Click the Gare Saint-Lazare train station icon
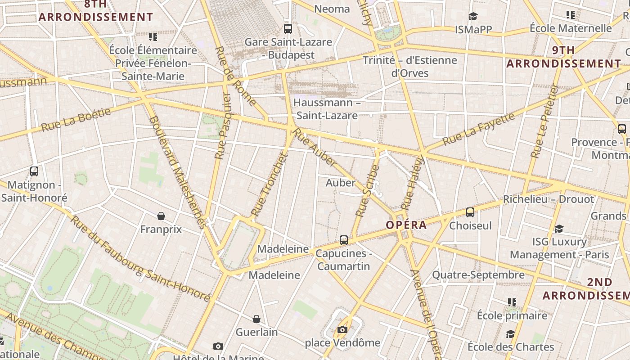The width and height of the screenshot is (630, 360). click(x=288, y=29)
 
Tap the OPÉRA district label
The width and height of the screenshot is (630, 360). click(x=406, y=225)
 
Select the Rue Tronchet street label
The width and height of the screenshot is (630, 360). click(x=269, y=184)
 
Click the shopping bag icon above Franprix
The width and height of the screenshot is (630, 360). click(x=161, y=216)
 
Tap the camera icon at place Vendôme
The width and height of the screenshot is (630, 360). click(x=342, y=330)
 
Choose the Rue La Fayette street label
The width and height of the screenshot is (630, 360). click(x=478, y=129)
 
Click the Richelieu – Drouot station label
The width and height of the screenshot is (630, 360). click(x=548, y=199)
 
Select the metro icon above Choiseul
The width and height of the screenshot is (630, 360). click(x=470, y=212)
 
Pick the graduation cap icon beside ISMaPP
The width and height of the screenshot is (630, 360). click(x=473, y=17)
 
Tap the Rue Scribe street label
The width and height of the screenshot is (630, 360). click(x=368, y=191)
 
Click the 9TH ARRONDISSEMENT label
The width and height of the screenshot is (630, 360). click(x=564, y=57)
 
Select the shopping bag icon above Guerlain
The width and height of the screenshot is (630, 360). click(x=256, y=319)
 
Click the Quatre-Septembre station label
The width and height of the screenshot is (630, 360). click(x=478, y=274)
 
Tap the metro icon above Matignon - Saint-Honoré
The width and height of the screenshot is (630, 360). click(x=34, y=171)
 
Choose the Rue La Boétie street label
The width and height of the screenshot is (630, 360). click(x=76, y=119)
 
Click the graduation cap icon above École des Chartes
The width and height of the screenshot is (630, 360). click(x=510, y=334)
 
